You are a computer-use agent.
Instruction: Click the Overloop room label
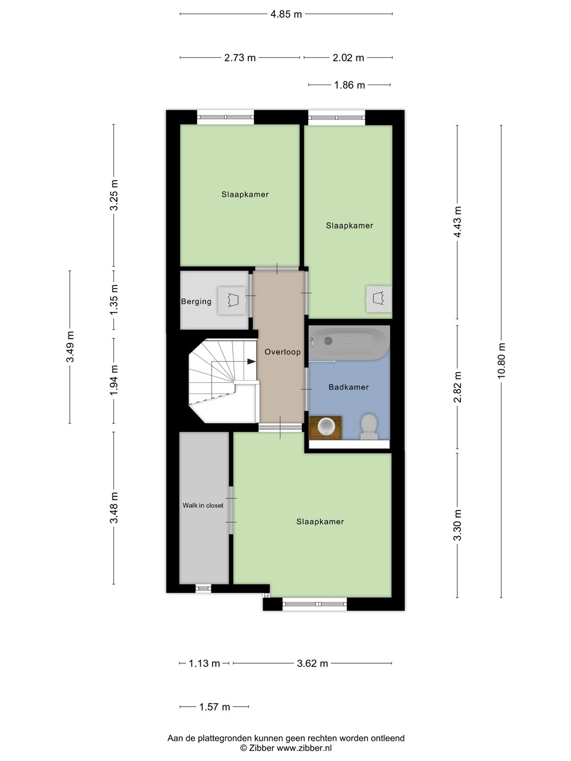point(282,352)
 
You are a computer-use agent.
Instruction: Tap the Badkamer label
point(348,387)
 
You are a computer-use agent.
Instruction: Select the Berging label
point(196,302)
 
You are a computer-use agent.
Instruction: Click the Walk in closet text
point(203,506)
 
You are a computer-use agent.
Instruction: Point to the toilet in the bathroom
point(369,427)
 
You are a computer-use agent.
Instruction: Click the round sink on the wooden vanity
point(326,426)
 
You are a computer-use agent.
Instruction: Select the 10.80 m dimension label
point(501,361)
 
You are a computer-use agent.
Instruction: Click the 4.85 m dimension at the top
point(286,14)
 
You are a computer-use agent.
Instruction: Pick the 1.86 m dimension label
point(349,85)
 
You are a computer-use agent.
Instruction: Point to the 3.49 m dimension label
point(70,347)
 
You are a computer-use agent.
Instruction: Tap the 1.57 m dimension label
point(215,707)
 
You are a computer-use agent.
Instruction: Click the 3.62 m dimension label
point(312,663)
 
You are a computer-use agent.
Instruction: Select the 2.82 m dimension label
point(458,387)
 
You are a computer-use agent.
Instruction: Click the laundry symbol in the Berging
point(231,300)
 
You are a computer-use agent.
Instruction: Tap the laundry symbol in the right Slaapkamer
point(379,299)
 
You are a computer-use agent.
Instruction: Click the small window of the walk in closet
point(203,588)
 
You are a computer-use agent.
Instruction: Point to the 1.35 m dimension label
point(114,300)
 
